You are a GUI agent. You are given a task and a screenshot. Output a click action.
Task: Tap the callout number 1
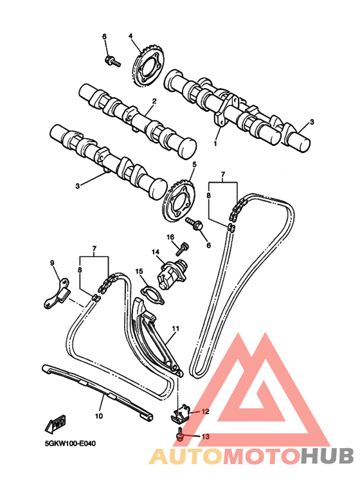[x=215, y=143]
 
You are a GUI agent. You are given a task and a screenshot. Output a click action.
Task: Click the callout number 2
[x=154, y=101]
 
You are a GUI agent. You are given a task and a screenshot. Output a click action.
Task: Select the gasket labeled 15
[x=153, y=295]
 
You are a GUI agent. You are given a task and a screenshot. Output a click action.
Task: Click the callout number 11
[x=175, y=329]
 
